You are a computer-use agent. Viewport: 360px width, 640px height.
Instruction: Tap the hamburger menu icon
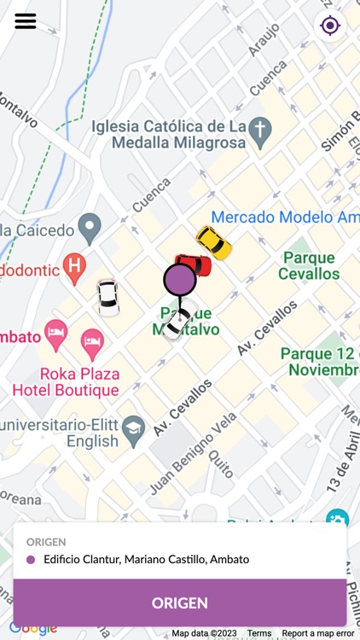coord(26,21)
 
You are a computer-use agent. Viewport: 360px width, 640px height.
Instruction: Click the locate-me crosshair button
coord(330,26)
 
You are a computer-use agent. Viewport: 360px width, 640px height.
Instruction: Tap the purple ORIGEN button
coord(180,602)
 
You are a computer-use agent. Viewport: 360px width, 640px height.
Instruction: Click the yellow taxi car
coord(213,242)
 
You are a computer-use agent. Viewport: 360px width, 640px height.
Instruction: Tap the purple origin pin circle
coord(179,278)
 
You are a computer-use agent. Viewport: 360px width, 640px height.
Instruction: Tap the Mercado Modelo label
coord(285,218)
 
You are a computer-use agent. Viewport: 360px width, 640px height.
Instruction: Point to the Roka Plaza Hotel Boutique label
coord(66,382)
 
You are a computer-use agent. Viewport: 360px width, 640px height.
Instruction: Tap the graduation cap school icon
coord(133,432)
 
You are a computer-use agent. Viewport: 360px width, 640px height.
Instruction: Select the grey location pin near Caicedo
coord(90,229)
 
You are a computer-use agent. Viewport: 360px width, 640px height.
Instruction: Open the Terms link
coord(259,633)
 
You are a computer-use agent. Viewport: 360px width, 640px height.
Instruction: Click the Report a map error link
coord(317,633)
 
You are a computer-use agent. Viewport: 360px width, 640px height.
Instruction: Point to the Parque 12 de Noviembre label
coord(320,362)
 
